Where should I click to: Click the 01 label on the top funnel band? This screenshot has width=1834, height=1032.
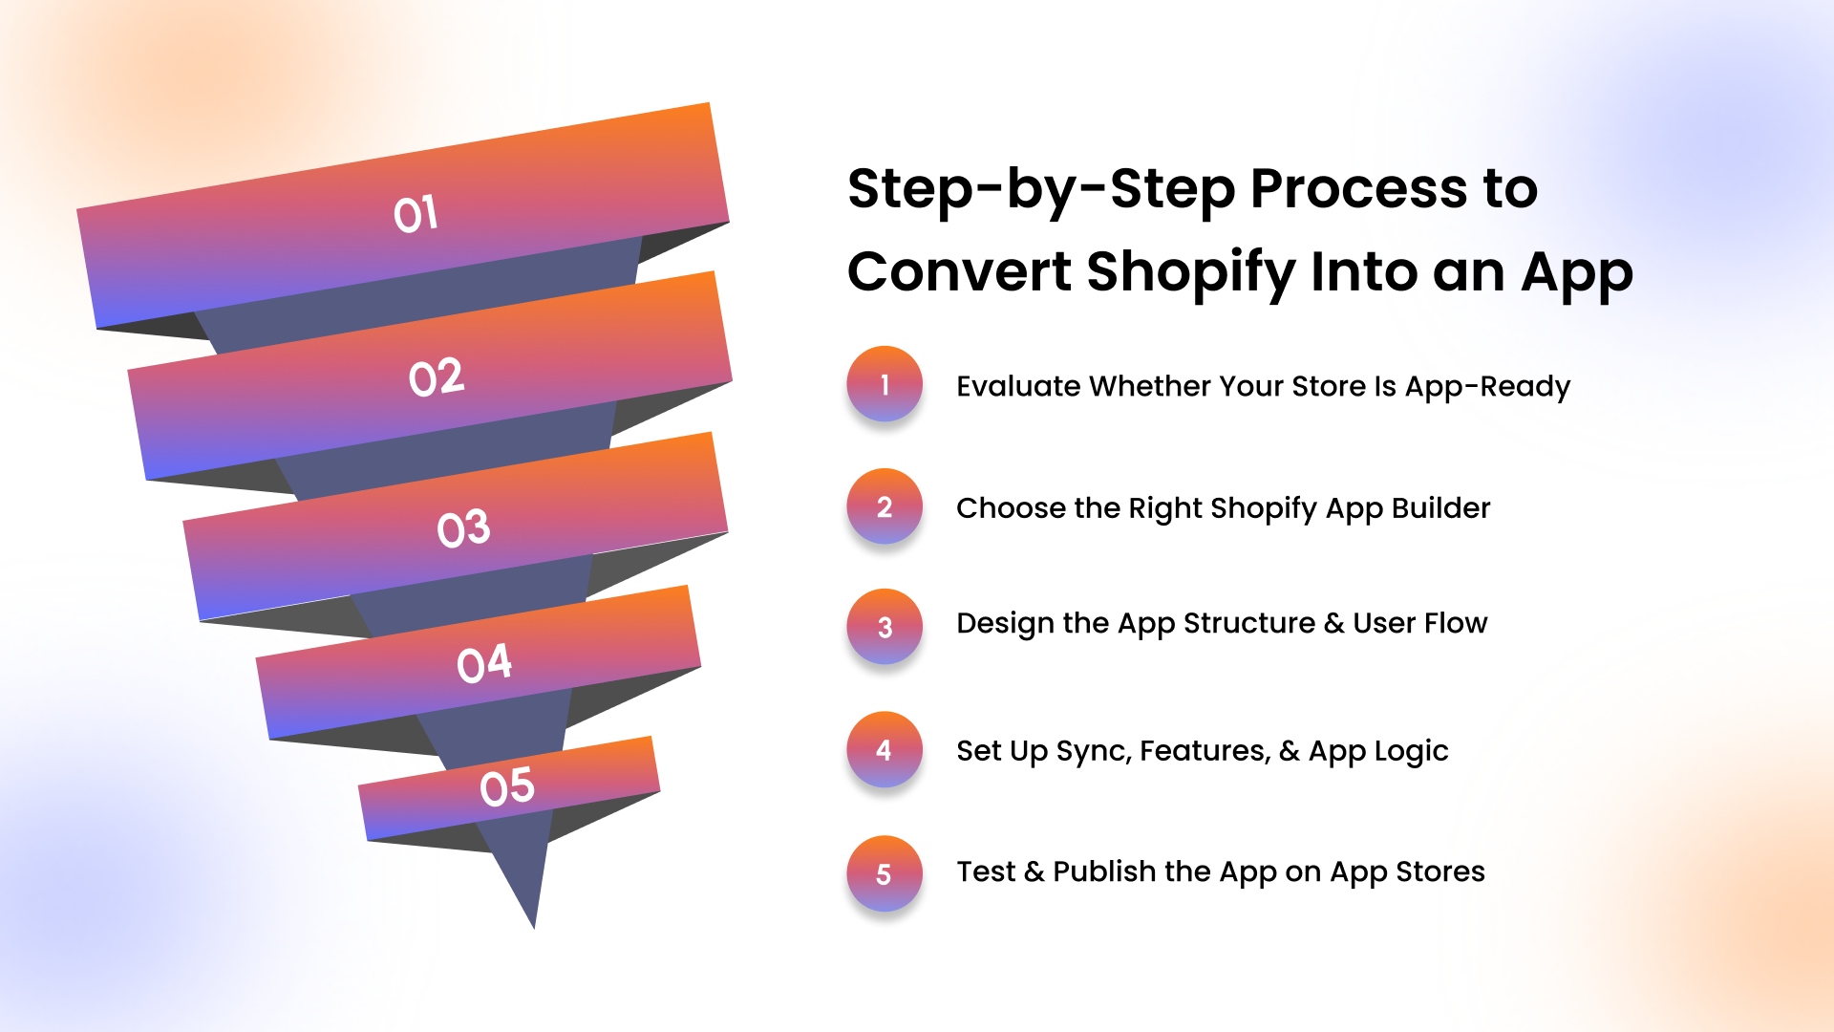point(416,214)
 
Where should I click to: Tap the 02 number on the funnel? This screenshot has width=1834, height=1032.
point(437,377)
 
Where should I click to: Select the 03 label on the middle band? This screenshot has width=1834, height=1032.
point(463,528)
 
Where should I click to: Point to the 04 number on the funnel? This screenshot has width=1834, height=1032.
point(484,663)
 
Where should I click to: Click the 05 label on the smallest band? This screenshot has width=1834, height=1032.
point(507,786)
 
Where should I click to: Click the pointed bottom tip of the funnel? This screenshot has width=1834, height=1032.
point(534,927)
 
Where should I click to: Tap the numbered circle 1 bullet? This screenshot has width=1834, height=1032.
point(885,384)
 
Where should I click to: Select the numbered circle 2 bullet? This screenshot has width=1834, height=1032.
point(885,506)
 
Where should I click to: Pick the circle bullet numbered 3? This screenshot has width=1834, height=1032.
point(885,627)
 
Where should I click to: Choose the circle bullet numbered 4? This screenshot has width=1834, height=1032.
point(885,750)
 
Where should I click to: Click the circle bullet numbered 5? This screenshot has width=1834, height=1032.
point(885,873)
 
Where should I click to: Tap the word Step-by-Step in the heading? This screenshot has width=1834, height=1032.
point(1041,191)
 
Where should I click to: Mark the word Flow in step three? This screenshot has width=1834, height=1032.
point(1456,623)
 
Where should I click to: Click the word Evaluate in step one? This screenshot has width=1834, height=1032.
point(1018,386)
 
